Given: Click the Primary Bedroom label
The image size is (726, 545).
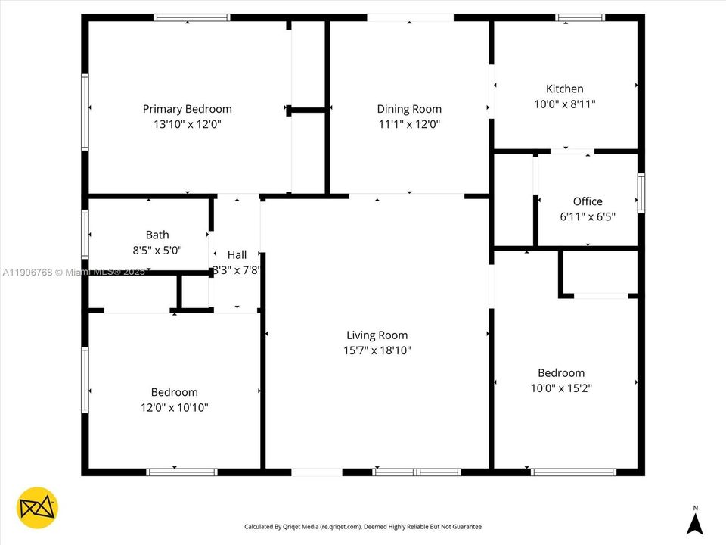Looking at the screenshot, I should point(187,109).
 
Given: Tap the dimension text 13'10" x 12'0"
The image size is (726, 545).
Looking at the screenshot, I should point(187,124).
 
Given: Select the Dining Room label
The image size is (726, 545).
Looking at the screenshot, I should point(409,109).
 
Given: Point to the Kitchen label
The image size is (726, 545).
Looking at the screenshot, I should point(564,89).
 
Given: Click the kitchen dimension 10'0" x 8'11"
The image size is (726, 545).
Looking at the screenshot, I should point(564,104).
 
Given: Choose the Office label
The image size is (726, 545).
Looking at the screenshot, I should point(588,201).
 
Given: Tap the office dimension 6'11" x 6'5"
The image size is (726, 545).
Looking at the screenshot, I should point(588,216).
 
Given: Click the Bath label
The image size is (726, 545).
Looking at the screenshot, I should point(157,235).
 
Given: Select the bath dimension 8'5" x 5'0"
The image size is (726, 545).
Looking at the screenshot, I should point(157,250).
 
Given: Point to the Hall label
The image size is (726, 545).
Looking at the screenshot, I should point(237,255).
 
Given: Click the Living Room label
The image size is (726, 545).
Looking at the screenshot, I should point(377,335).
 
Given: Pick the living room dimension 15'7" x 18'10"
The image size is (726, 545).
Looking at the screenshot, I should point(377,350).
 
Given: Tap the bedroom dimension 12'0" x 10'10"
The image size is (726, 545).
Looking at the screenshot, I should point(174,407).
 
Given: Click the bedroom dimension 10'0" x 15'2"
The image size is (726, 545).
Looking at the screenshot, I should point(560,388).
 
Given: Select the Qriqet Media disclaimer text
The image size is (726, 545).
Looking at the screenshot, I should point(362,526).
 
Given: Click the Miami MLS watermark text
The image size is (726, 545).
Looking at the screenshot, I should point(73,272).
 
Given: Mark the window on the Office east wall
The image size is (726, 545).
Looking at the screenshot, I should point(641,192).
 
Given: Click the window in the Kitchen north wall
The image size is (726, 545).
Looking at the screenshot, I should point(580,17).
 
